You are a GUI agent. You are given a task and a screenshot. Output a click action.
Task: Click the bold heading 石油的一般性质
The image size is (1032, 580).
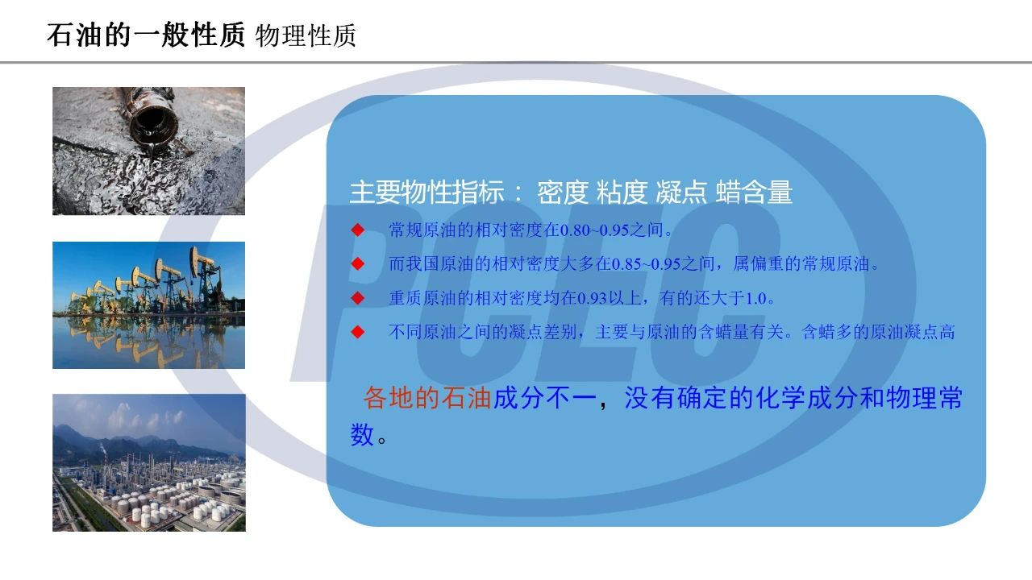pos(146,35)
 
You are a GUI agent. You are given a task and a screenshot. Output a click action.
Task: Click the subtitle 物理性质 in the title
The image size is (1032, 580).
pos(306,36)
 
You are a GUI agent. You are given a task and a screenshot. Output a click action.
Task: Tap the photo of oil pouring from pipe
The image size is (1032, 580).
pos(149,151)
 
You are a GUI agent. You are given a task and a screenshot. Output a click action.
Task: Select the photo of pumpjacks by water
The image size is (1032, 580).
pos(149,305)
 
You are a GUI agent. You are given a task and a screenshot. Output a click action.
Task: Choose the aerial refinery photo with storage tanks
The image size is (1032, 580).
pos(149,462)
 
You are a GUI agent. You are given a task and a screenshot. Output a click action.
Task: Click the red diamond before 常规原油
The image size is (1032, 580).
pos(357,230)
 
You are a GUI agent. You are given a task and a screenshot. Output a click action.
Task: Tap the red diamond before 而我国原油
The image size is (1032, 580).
pos(357,263)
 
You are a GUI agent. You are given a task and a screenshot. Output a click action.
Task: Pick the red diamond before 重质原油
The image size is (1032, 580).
pos(357,298)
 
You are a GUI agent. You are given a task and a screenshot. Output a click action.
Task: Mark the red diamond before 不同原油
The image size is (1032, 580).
pos(357,332)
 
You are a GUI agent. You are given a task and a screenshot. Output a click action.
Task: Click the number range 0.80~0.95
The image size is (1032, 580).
pos(594,230)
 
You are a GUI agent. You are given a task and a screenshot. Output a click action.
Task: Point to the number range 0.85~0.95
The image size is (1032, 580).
pos(646,264)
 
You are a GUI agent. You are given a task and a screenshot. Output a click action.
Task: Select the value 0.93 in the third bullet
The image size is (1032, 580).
pos(592,299)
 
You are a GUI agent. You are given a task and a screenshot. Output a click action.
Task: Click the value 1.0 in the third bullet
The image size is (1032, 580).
pos(755,299)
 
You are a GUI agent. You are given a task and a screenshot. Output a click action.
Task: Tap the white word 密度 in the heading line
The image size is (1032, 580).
pos(563,192)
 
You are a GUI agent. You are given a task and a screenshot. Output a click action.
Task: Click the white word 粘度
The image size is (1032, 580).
pos(622,192)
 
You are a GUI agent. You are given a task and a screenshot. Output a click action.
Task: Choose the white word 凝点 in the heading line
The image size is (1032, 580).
pos(681,192)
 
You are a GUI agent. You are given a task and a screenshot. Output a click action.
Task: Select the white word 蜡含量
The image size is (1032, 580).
pos(754,192)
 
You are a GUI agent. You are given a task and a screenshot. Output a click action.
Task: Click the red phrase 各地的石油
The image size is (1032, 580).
pos(427,398)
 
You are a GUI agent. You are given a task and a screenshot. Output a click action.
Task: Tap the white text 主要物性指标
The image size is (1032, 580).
pos(427,192)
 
